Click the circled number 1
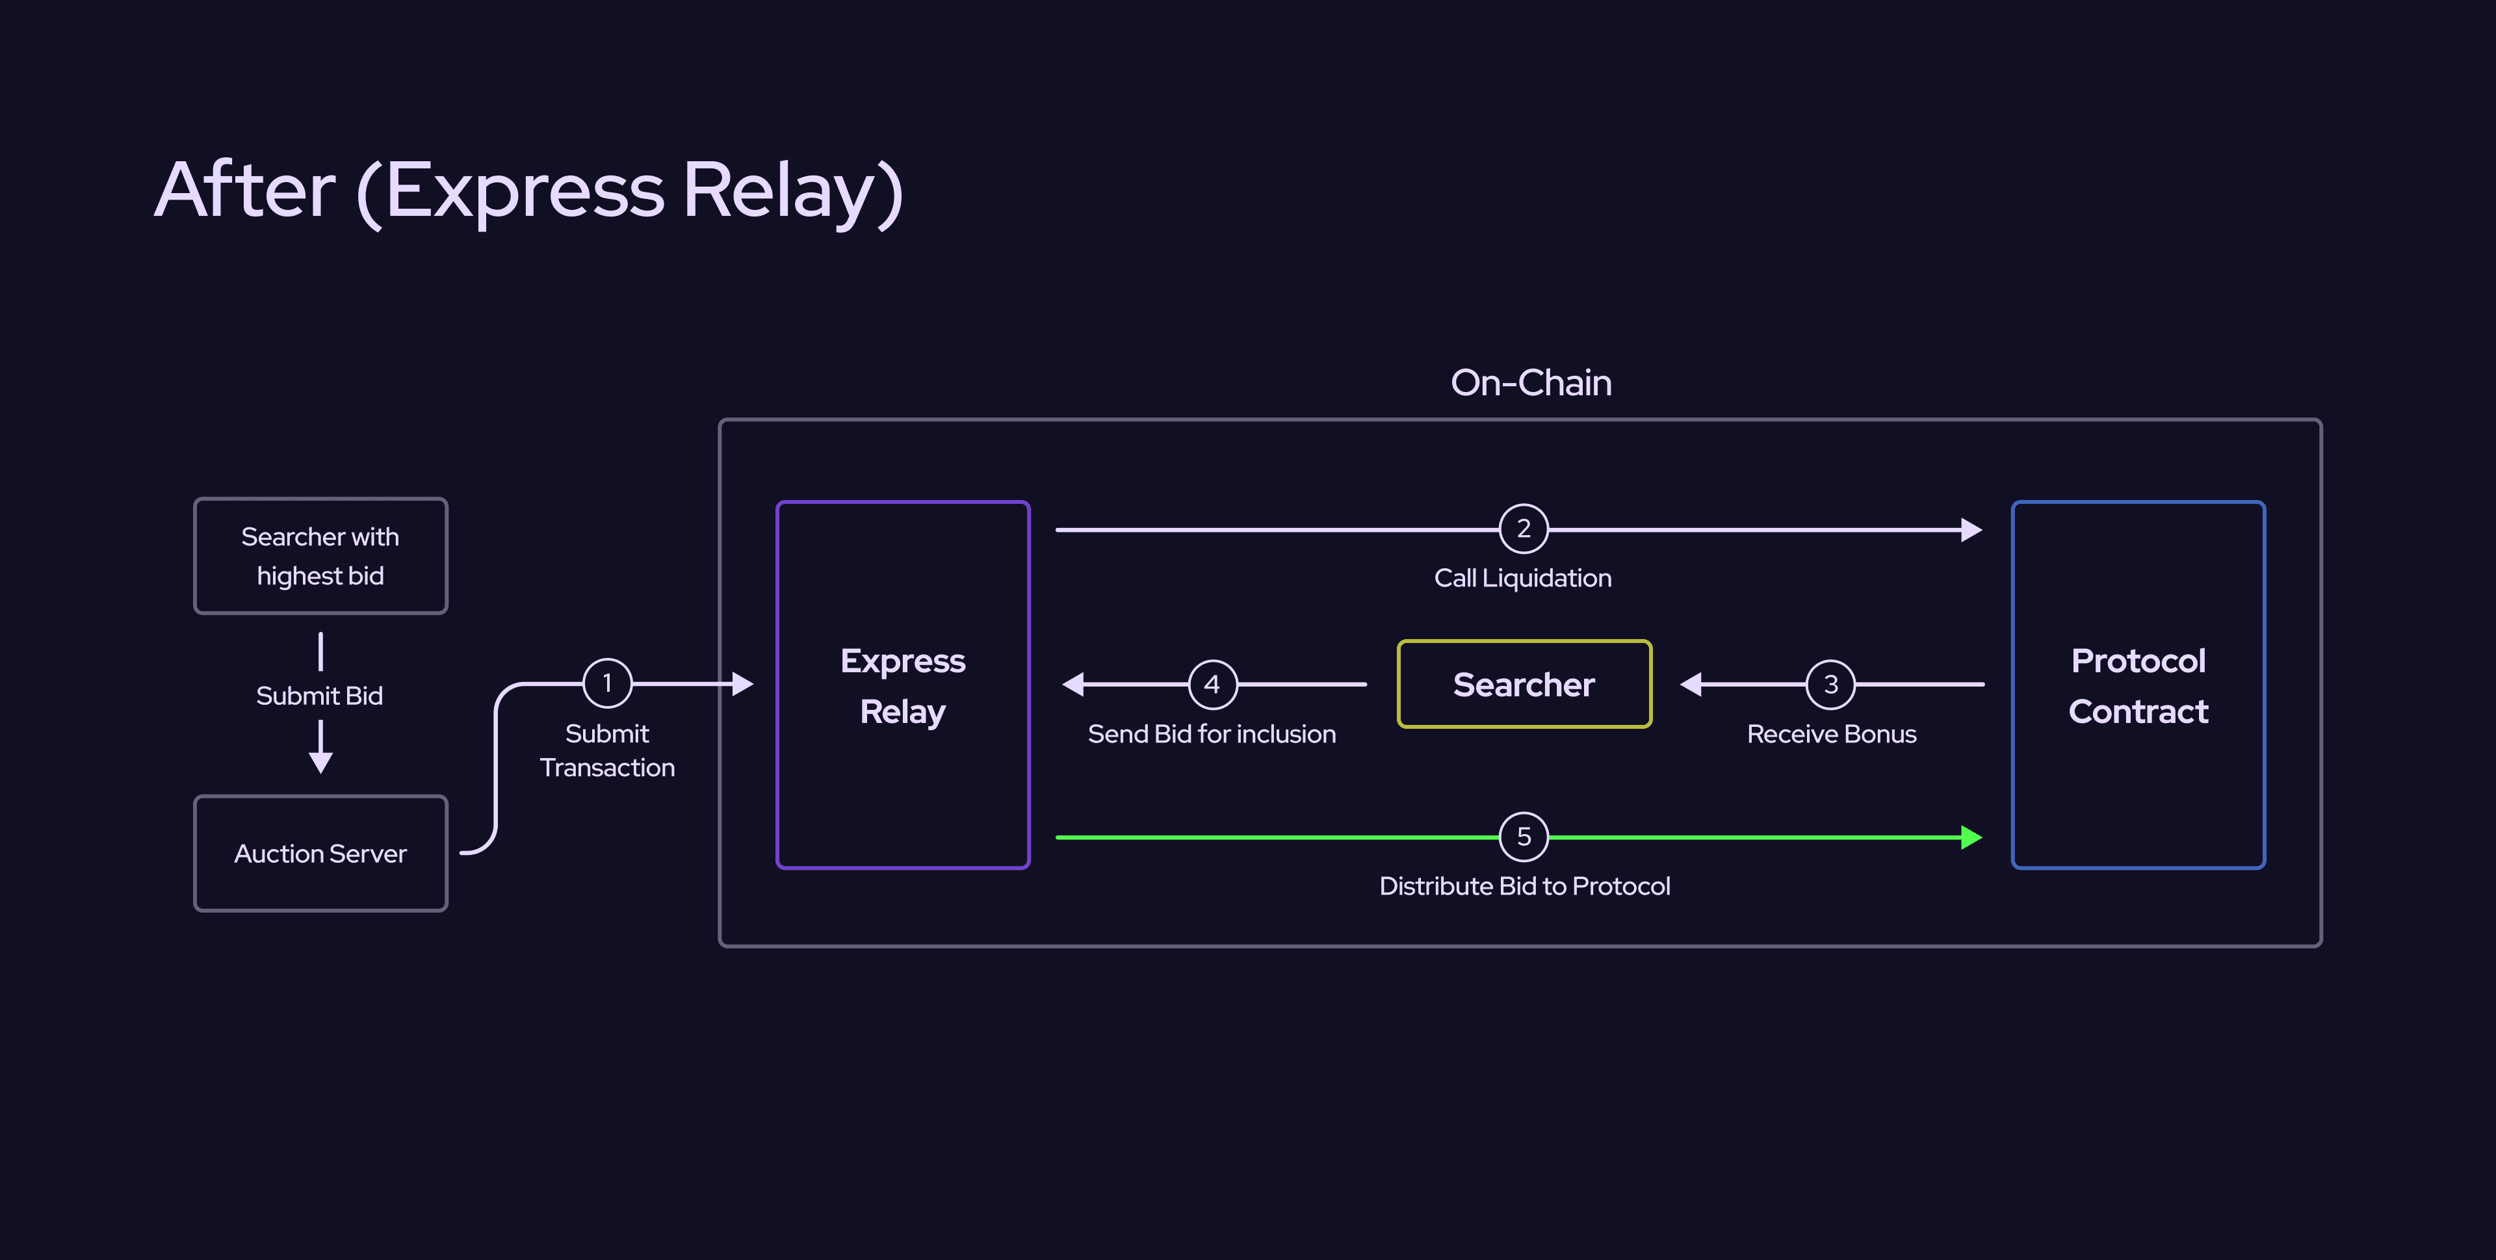pyautogui.click(x=608, y=683)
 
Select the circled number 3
pyautogui.click(x=1830, y=684)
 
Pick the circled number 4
pyautogui.click(x=1212, y=684)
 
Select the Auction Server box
pyautogui.click(x=320, y=853)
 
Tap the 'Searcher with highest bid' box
pyautogui.click(x=320, y=555)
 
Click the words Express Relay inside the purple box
pyautogui.click(x=902, y=685)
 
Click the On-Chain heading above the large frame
pyautogui.click(x=1531, y=383)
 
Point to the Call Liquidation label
pyautogui.click(x=1522, y=577)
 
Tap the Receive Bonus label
pyautogui.click(x=1831, y=734)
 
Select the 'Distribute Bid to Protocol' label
pyautogui.click(x=1524, y=886)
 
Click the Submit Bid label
pyautogui.click(x=320, y=696)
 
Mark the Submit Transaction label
pyautogui.click(x=608, y=750)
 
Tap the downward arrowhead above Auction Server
pyautogui.click(x=320, y=763)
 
